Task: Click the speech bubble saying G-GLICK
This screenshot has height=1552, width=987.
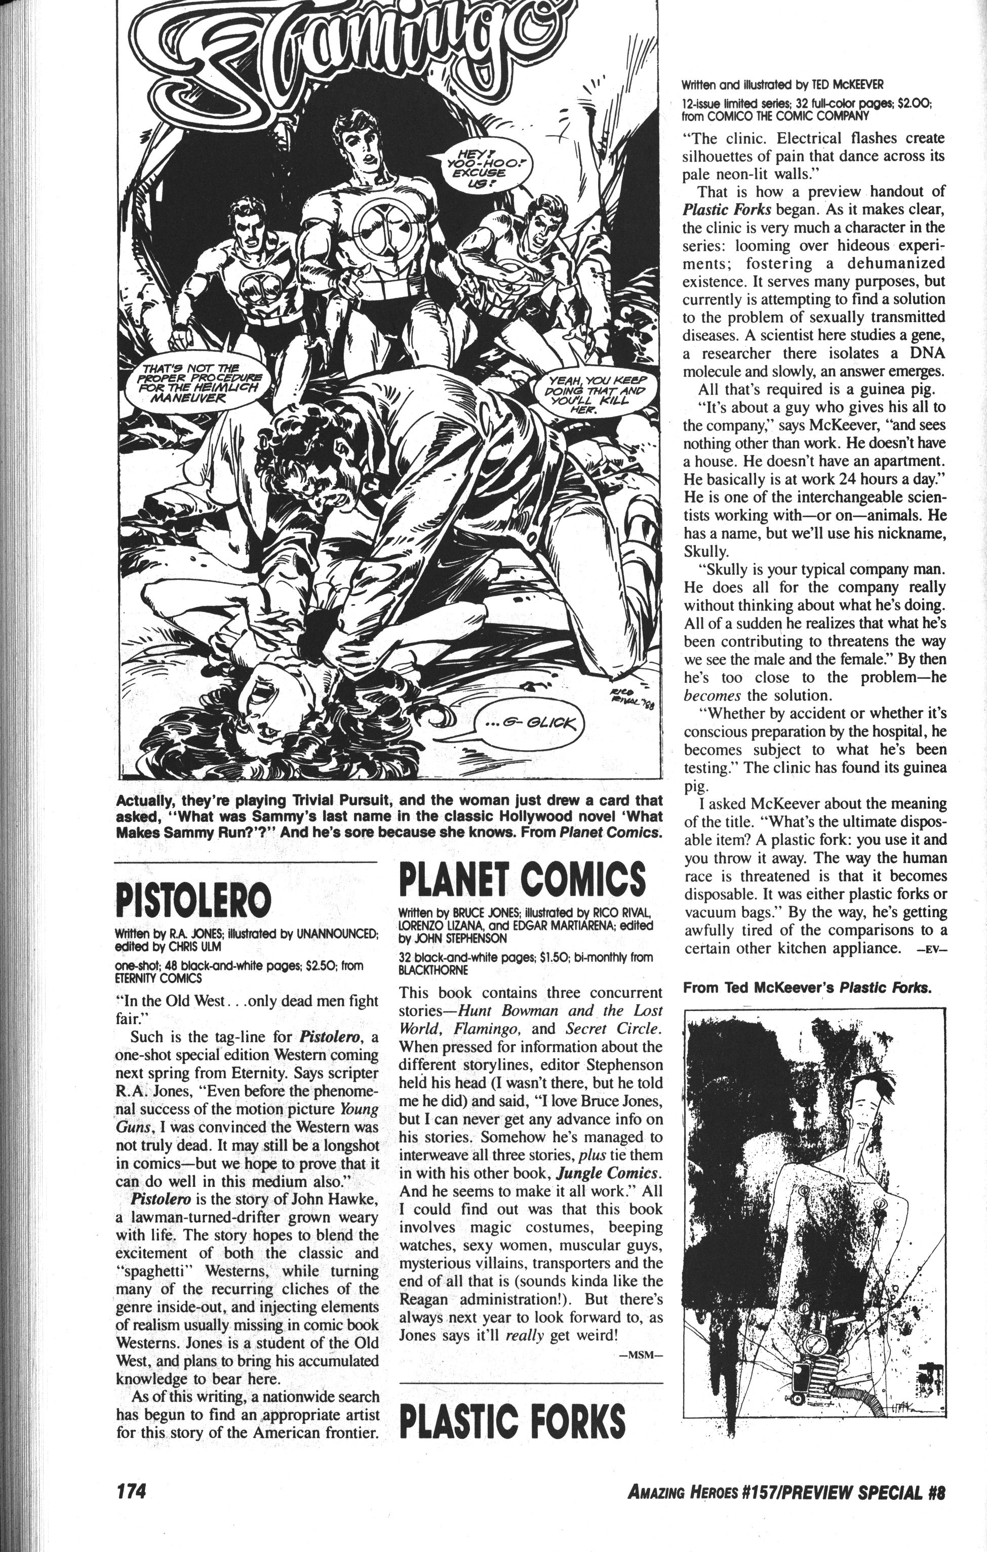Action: coord(529,722)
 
